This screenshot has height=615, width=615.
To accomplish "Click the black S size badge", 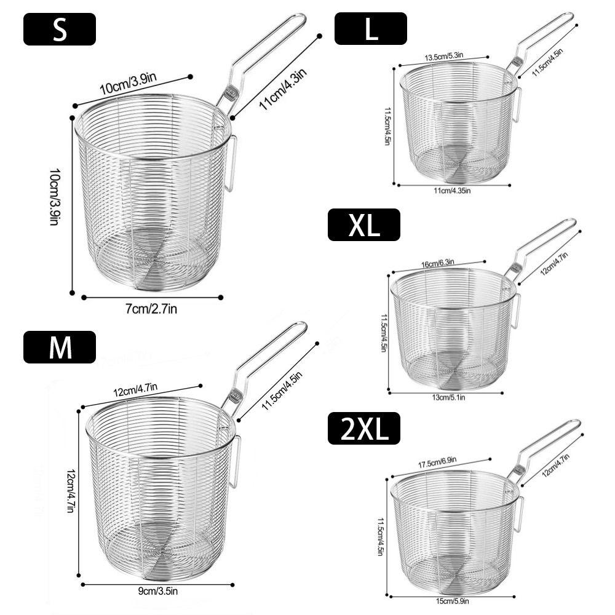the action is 60,29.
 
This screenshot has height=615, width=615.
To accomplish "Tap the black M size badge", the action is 60,347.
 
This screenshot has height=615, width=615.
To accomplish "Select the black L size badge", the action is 371,28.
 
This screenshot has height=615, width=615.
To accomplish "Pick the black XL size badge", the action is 364,224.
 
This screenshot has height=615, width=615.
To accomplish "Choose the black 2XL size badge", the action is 364,428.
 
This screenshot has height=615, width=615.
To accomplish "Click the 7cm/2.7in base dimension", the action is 151,309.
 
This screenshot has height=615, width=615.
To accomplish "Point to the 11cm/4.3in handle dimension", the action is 282,89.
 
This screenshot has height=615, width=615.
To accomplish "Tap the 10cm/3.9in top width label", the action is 129,83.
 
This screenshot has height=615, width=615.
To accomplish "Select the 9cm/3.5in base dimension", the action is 157,590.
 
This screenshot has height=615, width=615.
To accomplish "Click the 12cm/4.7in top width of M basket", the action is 135,389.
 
